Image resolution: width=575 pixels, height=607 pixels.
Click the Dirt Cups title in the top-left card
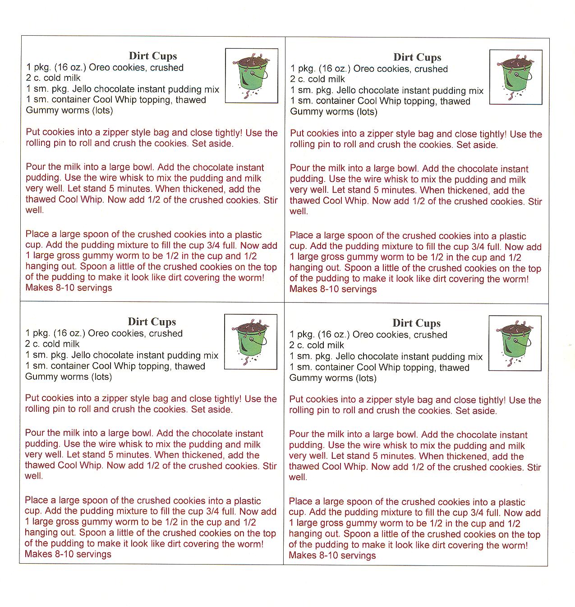pos(153,56)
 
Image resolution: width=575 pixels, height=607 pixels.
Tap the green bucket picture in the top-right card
pos(516,77)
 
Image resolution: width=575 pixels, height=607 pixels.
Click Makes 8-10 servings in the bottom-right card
pos(332,556)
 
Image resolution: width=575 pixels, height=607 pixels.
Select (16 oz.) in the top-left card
pos(69,68)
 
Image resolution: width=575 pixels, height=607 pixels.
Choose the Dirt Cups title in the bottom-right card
pos(416,323)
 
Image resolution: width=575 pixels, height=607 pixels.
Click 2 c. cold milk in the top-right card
pos(317,79)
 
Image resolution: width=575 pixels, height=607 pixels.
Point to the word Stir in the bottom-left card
pos(269,466)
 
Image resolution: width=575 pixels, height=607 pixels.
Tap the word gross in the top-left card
pos(73,256)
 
